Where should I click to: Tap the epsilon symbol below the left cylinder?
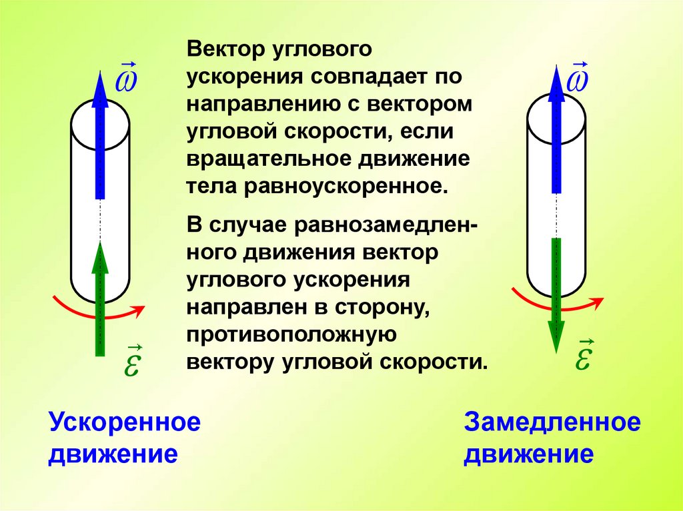131,363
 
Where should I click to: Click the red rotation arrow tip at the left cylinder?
139,308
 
